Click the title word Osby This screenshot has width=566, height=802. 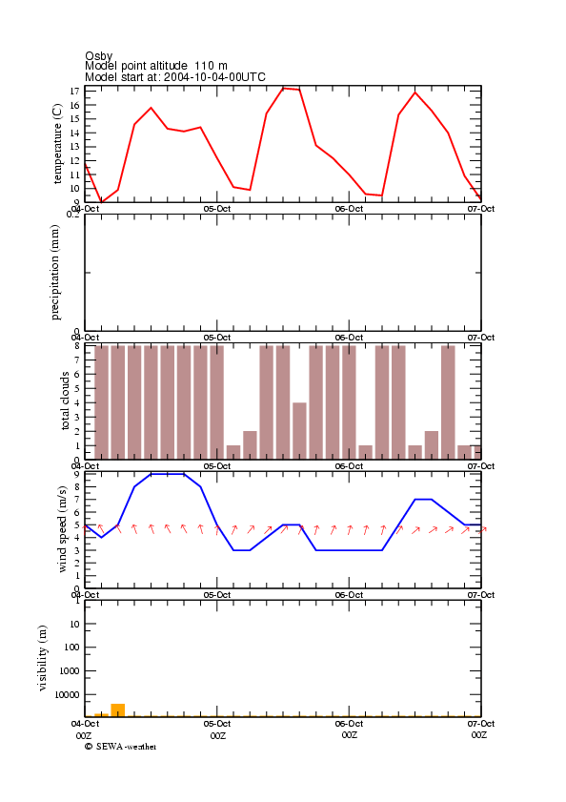(99, 56)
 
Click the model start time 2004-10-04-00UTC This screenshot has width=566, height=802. (214, 77)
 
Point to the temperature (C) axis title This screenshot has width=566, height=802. (57, 144)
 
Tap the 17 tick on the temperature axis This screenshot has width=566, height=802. (74, 91)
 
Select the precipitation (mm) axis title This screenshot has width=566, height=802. (55, 273)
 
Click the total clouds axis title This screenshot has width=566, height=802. (65, 401)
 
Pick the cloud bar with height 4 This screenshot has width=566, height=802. (299, 431)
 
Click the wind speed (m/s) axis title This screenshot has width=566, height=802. (62, 529)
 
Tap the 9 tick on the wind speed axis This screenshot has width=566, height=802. (76, 474)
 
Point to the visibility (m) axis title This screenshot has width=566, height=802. (43, 658)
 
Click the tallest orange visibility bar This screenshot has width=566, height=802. (118, 709)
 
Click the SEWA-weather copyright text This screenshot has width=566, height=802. (121, 747)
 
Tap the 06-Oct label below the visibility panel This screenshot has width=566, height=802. (349, 724)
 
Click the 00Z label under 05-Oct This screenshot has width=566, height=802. (218, 735)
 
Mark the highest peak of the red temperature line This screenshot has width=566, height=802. (284, 88)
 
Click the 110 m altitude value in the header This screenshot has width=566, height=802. (211, 66)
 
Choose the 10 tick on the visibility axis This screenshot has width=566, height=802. (74, 624)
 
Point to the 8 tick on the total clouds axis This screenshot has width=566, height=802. (76, 346)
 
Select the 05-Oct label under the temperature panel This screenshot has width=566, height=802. (217, 209)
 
